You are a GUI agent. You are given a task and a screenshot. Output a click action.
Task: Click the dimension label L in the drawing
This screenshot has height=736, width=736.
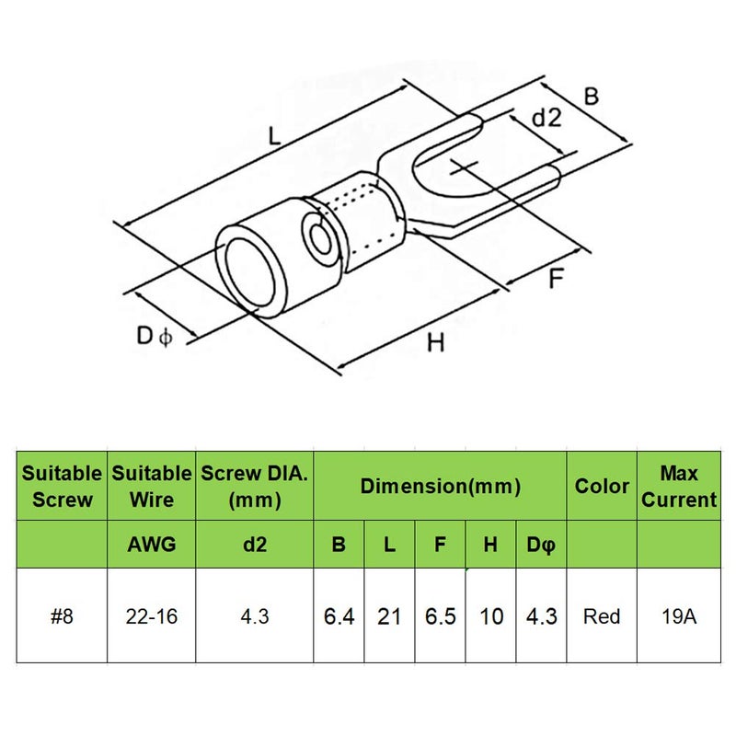pyautogui.click(x=274, y=135)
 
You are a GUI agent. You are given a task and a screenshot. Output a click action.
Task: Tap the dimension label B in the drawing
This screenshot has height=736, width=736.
pyautogui.click(x=592, y=97)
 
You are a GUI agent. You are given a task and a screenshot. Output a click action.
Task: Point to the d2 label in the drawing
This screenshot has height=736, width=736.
pyautogui.click(x=546, y=117)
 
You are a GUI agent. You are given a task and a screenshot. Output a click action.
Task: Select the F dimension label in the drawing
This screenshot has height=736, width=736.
pyautogui.click(x=556, y=279)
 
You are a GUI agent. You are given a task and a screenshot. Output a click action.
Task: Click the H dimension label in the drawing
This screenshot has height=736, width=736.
pyautogui.click(x=435, y=342)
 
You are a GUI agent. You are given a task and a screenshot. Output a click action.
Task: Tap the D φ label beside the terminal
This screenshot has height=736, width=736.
pyautogui.click(x=155, y=336)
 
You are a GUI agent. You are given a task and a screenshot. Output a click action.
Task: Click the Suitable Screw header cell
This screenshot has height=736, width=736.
pyautogui.click(x=62, y=486)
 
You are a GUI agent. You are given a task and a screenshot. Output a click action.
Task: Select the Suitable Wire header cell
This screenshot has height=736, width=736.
pyautogui.click(x=152, y=486)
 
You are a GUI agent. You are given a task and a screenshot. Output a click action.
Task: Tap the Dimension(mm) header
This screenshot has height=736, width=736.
pyautogui.click(x=441, y=486)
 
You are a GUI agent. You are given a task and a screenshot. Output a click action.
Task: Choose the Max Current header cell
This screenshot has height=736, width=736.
pyautogui.click(x=679, y=486)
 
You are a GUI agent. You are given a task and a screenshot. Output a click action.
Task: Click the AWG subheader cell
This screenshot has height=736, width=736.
pyautogui.click(x=152, y=545)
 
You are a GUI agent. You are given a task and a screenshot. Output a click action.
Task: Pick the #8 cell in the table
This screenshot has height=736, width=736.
pyautogui.click(x=62, y=615)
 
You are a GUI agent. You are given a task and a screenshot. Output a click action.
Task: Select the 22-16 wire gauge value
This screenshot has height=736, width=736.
pyautogui.click(x=152, y=615)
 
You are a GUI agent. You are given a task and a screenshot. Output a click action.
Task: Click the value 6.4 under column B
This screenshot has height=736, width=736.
pyautogui.click(x=339, y=615)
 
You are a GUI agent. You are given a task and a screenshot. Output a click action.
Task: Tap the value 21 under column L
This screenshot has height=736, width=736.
pyautogui.click(x=389, y=615)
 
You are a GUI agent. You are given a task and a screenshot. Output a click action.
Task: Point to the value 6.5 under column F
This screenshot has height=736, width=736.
pyautogui.click(x=441, y=615)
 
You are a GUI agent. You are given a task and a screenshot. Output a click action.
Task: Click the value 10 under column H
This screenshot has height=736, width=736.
pyautogui.click(x=491, y=615)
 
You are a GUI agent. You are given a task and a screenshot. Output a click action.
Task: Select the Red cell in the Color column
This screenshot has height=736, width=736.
pyautogui.click(x=602, y=615)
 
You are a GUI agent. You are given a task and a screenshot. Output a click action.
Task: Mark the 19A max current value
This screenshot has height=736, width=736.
pyautogui.click(x=679, y=615)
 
